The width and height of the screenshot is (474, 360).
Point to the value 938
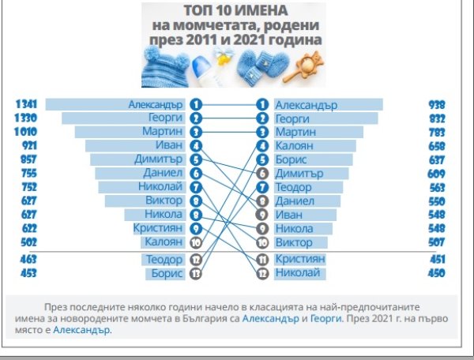[x=437, y=104]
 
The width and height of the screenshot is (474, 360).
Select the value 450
[x=437, y=273]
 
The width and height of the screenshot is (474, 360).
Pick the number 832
[x=437, y=118]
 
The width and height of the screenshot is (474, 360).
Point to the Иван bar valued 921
[x=134, y=146]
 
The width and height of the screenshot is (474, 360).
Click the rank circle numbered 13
[x=196, y=273]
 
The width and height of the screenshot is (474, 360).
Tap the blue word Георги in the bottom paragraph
[x=325, y=317]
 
